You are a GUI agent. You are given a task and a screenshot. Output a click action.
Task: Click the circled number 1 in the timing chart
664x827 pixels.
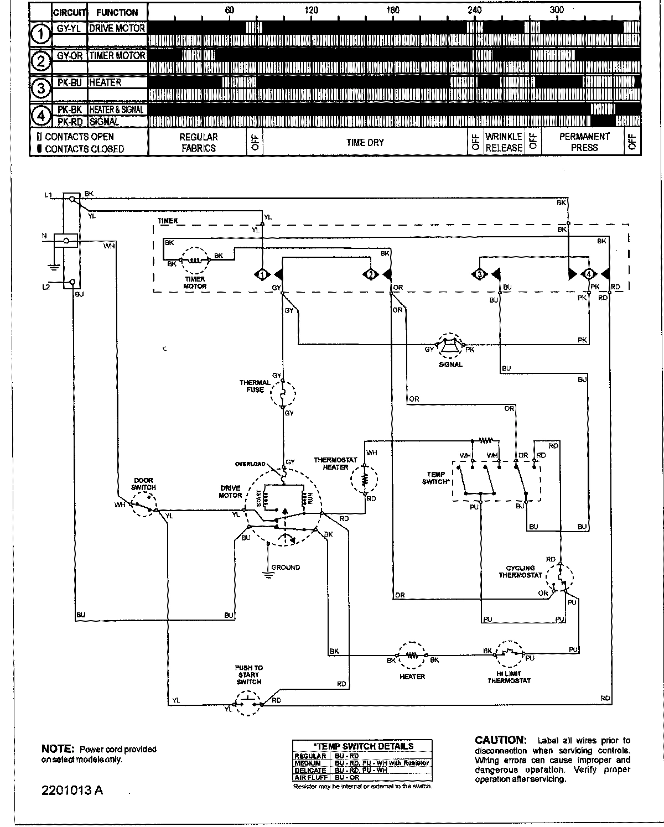click(x=40, y=34)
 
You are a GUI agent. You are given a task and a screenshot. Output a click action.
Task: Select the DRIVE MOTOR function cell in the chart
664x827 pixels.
click(x=117, y=28)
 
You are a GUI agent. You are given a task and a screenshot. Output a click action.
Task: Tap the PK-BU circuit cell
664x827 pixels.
click(x=69, y=82)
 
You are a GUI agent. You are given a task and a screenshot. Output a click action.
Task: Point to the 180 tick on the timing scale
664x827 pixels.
click(x=392, y=10)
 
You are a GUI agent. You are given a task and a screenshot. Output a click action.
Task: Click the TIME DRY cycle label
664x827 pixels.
click(x=365, y=142)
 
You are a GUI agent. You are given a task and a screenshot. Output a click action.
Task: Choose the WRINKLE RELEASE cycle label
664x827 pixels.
click(x=504, y=142)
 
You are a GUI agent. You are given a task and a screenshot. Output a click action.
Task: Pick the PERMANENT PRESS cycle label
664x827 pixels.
click(x=584, y=142)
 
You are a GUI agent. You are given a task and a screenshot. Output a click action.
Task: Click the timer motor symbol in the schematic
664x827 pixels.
click(x=195, y=260)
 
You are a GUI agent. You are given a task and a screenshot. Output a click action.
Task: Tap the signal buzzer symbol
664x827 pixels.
click(x=450, y=347)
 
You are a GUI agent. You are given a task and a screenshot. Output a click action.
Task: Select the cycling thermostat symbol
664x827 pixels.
click(x=560, y=578)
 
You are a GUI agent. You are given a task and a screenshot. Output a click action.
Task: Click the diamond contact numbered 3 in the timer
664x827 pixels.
click(x=479, y=274)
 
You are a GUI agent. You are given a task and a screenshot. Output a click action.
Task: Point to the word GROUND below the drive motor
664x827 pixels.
click(x=286, y=567)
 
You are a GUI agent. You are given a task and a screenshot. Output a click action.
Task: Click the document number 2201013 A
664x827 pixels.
click(x=72, y=789)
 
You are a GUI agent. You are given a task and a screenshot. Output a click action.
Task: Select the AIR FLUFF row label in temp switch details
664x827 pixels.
click(x=310, y=777)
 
